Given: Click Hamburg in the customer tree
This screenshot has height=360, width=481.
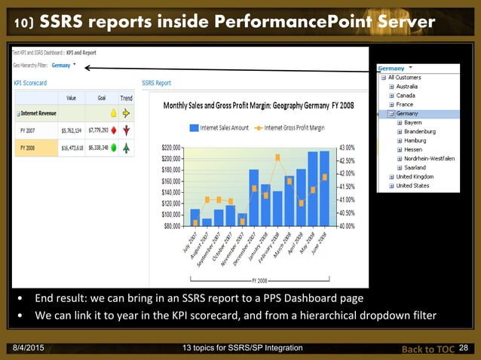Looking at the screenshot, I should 415,141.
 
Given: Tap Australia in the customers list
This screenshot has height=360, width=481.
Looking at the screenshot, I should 412,87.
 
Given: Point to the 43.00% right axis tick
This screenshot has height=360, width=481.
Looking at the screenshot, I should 348,148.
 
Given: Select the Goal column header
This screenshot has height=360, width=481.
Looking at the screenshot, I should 101,98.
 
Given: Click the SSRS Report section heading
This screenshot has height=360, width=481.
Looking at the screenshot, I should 157,83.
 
